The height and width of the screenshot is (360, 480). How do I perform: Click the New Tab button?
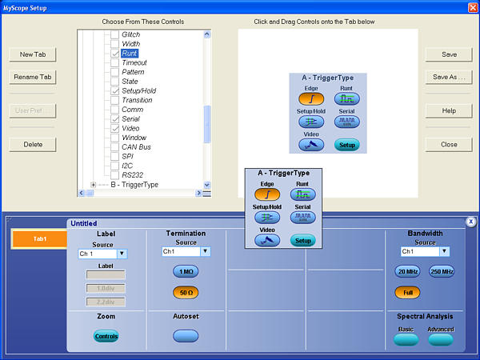(x=33, y=54)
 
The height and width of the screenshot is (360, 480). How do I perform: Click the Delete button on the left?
(x=33, y=145)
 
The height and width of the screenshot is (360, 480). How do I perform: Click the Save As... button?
(x=449, y=78)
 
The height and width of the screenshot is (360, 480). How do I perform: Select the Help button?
(x=449, y=110)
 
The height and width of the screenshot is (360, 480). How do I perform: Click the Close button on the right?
(x=449, y=145)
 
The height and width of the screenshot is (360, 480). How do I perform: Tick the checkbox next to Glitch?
(x=114, y=35)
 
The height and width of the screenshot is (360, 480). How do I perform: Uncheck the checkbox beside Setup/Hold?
(x=114, y=90)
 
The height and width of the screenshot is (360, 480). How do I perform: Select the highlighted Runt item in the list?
(x=129, y=54)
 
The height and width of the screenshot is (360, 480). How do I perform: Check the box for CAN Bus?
(x=114, y=146)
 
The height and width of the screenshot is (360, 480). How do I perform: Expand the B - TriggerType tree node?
(x=94, y=185)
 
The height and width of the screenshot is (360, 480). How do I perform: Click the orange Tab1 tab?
(x=39, y=239)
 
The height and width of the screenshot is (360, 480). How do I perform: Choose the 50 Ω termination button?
(x=186, y=292)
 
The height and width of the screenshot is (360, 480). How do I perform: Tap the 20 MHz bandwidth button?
(x=407, y=271)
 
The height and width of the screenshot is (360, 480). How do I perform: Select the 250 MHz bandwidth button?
(x=441, y=271)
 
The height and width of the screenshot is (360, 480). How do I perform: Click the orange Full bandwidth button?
(x=407, y=292)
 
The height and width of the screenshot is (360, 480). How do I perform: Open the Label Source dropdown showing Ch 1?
(x=122, y=254)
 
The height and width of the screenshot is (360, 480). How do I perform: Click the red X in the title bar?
(x=472, y=7)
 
